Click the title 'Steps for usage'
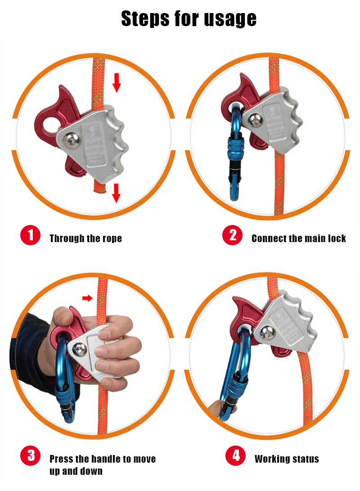click(x=189, y=18)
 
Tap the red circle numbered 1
click(x=30, y=236)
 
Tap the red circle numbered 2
click(x=233, y=236)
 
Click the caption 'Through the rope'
click(x=85, y=239)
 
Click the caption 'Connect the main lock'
click(x=298, y=239)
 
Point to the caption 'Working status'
click(x=287, y=459)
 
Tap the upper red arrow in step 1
click(x=117, y=83)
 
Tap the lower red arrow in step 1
click(x=116, y=193)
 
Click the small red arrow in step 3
click(x=88, y=297)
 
